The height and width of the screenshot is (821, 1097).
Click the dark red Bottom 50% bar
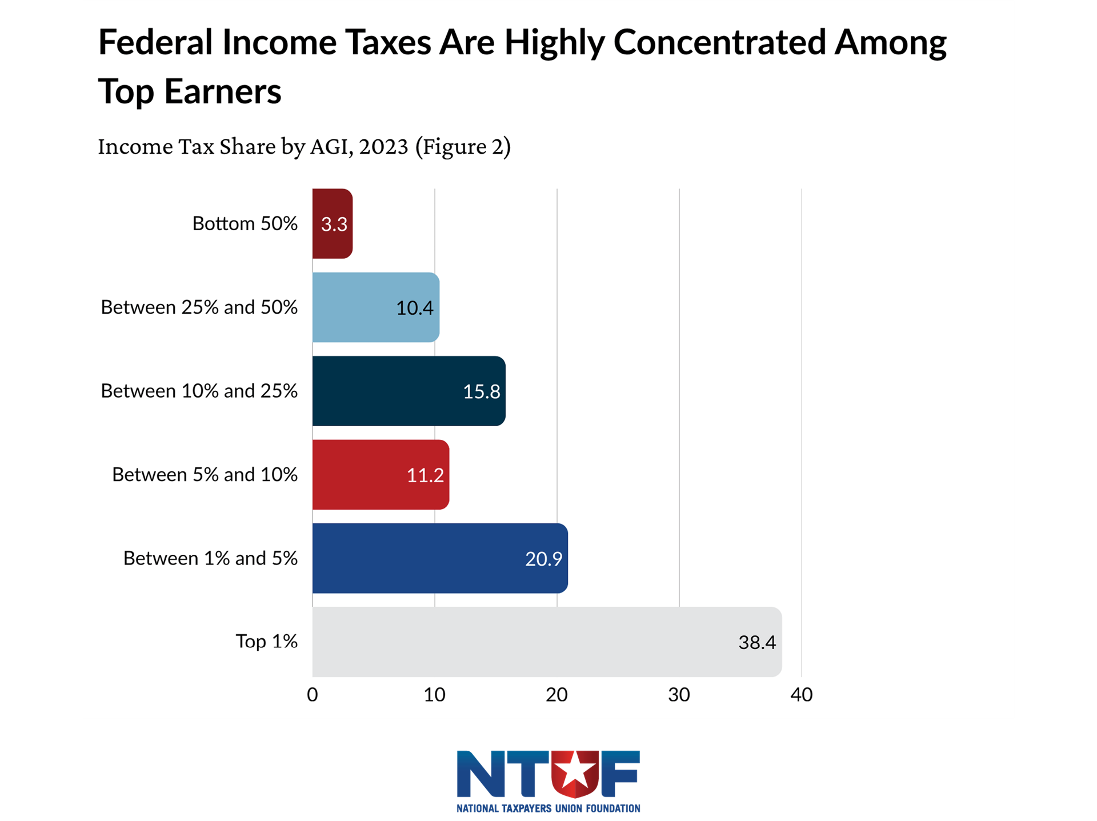click(332, 223)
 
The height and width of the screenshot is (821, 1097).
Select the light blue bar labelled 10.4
click(375, 307)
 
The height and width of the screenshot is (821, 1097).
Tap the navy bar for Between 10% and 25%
click(409, 391)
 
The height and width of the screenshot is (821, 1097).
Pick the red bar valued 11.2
click(381, 474)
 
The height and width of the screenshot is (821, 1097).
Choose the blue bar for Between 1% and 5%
click(440, 558)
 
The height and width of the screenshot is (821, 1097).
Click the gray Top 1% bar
click(547, 642)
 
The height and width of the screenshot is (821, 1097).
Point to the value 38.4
click(757, 642)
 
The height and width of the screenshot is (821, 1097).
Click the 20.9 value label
click(543, 559)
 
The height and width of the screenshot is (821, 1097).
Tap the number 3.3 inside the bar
click(334, 224)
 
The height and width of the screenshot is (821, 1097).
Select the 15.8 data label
click(481, 391)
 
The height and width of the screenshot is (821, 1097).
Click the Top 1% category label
click(266, 641)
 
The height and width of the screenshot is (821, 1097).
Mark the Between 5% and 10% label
click(205, 474)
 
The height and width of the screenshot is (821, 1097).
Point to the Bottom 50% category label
click(245, 223)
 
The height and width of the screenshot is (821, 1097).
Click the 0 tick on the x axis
click(313, 695)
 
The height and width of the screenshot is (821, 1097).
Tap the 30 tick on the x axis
click(679, 695)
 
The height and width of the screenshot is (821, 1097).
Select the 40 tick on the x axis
click(801, 695)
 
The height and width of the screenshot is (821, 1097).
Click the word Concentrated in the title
click(719, 42)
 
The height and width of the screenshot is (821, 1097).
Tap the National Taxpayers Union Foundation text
click(548, 808)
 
